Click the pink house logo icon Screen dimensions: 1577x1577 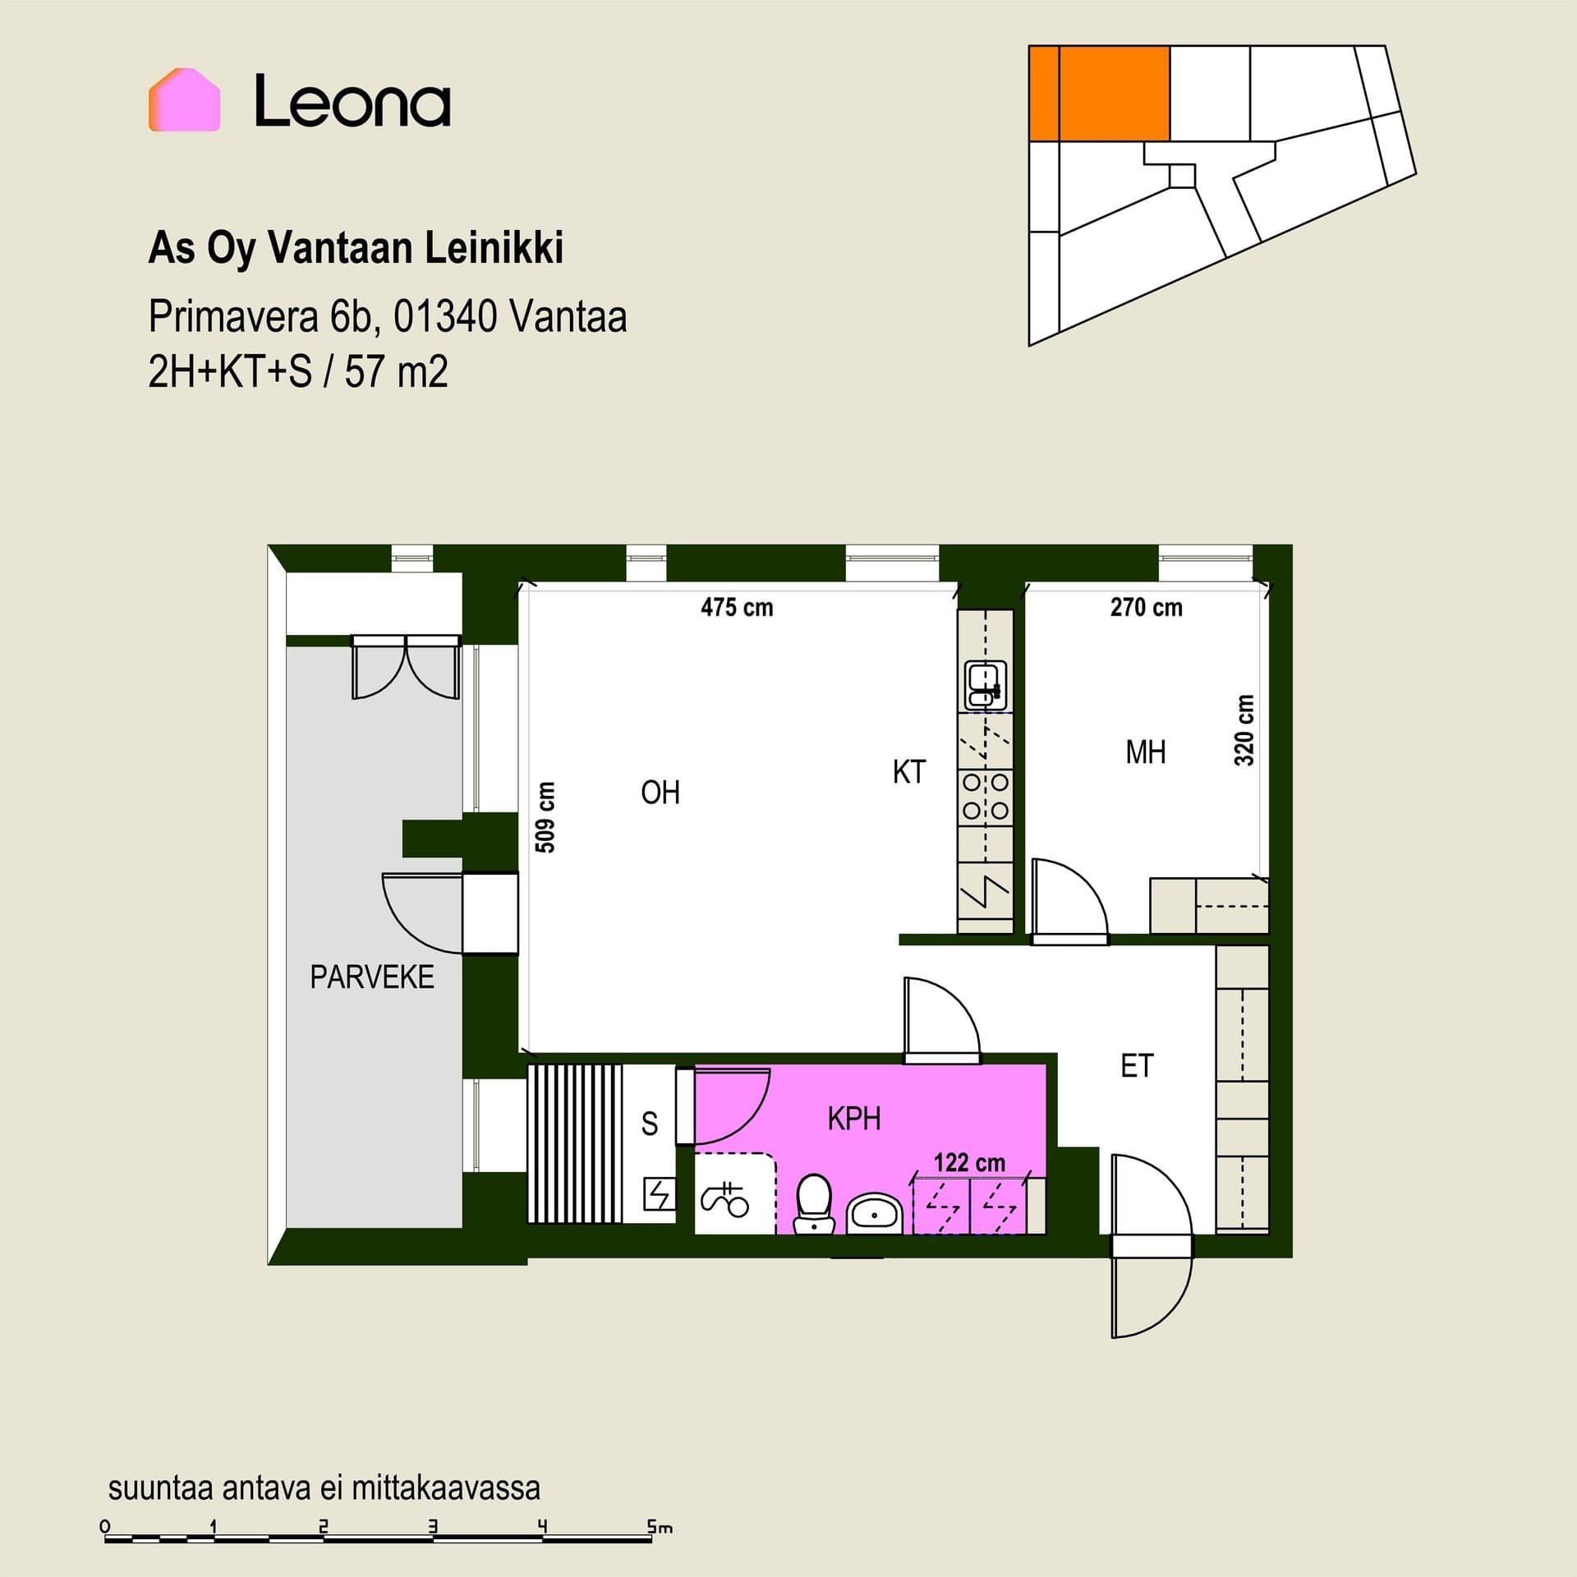click(184, 99)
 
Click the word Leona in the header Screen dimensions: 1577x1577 click(352, 101)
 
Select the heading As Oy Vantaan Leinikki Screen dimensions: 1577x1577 click(356, 248)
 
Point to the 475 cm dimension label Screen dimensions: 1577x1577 click(737, 608)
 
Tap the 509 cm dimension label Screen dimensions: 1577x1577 click(545, 817)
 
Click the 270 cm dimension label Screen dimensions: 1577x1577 click(1146, 608)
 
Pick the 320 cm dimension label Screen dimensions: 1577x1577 click(1244, 730)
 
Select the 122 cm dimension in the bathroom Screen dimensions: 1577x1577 click(969, 1163)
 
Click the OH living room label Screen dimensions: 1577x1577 click(660, 793)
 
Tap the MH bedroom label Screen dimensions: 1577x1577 click(1146, 752)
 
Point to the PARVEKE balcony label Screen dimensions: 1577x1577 click(372, 977)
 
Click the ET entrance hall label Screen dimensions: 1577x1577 click(1137, 1066)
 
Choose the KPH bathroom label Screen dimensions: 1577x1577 click(854, 1119)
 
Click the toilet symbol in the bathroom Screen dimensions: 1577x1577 click(815, 1204)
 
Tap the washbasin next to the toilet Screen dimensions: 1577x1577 click(875, 1212)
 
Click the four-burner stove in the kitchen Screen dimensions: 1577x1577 click(985, 797)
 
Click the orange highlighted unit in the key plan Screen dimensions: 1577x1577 click(1099, 94)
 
